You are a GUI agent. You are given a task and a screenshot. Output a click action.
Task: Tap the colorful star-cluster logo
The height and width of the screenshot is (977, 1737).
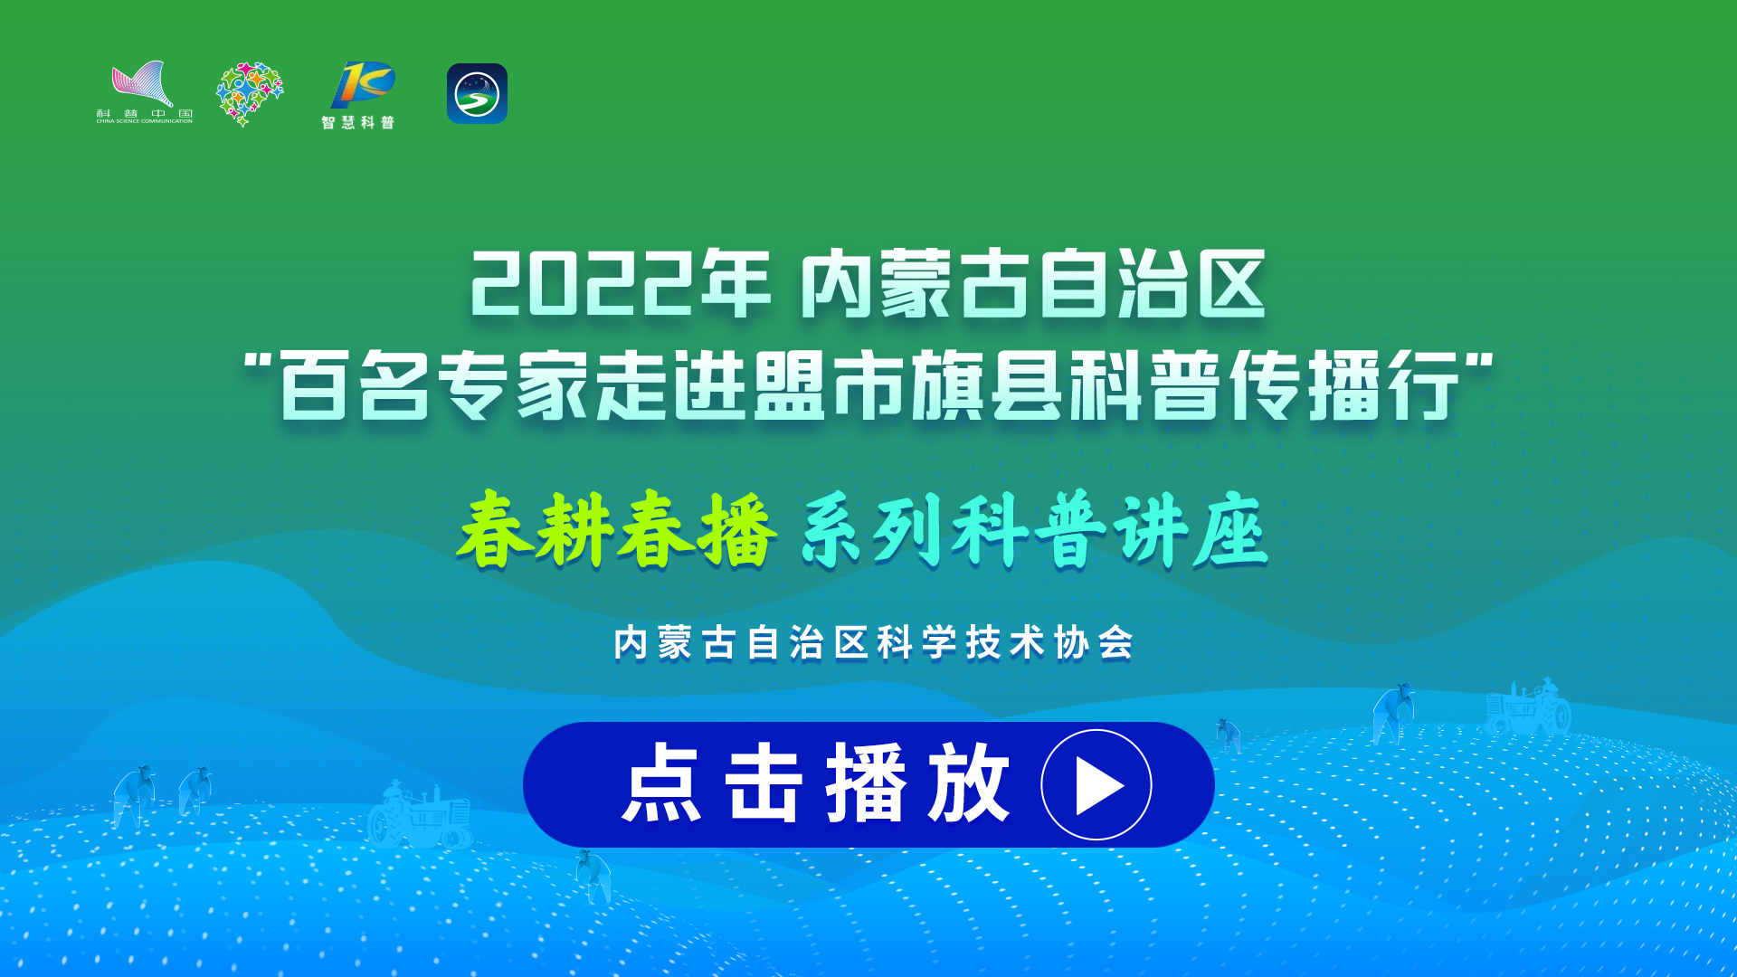pyautogui.click(x=250, y=94)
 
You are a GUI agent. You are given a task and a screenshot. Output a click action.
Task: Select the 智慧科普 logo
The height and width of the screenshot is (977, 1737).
pyautogui.click(x=359, y=95)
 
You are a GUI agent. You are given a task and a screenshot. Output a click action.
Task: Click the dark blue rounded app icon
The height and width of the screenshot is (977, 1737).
pyautogui.click(x=477, y=93)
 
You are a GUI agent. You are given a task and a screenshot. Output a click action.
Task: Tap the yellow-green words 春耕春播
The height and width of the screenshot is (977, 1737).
pyautogui.click(x=617, y=530)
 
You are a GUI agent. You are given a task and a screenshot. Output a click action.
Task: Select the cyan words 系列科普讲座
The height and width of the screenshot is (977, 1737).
pyautogui.click(x=1035, y=530)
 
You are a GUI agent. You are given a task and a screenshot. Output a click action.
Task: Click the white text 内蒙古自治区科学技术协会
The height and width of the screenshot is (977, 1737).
pyautogui.click(x=873, y=643)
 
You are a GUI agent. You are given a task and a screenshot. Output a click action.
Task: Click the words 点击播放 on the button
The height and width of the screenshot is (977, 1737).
pyautogui.click(x=815, y=783)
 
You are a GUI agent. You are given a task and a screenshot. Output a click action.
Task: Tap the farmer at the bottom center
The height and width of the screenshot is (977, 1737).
pyautogui.click(x=593, y=876)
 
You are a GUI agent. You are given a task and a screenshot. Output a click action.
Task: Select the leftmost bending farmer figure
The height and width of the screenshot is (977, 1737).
pyautogui.click(x=134, y=796)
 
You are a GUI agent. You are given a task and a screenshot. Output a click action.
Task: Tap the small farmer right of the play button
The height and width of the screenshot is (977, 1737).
pyautogui.click(x=1228, y=735)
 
